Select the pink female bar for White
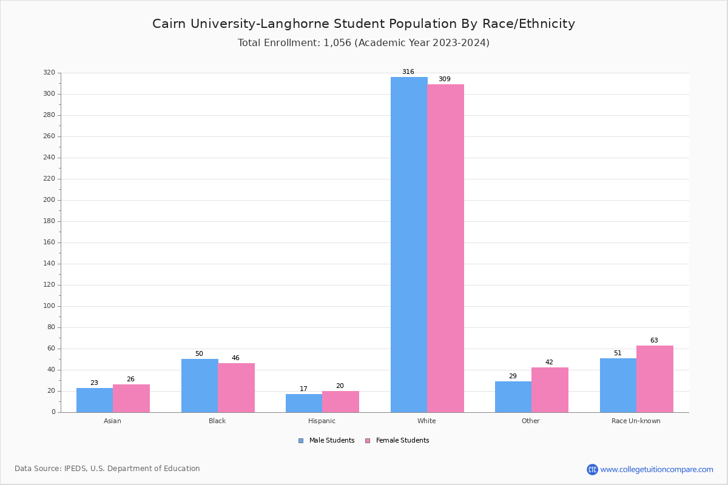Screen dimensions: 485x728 (445, 248)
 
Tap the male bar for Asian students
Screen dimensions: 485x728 (94, 400)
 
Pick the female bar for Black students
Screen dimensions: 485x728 (236, 387)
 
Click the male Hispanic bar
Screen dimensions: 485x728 (303, 403)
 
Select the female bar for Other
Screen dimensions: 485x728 (550, 390)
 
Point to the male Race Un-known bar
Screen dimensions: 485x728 (618, 385)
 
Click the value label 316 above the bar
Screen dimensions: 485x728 (408, 72)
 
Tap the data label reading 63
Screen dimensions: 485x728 (654, 341)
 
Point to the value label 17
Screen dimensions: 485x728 (303, 389)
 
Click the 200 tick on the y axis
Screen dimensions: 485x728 (49, 200)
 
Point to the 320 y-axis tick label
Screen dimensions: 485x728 (49, 73)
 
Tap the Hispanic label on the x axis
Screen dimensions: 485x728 (322, 421)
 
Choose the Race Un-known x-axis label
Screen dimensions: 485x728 (636, 421)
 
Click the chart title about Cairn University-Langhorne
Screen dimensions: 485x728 (363, 24)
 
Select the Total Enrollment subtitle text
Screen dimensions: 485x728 (363, 43)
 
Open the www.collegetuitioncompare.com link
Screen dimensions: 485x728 (656, 469)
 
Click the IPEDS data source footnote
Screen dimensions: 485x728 (107, 469)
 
